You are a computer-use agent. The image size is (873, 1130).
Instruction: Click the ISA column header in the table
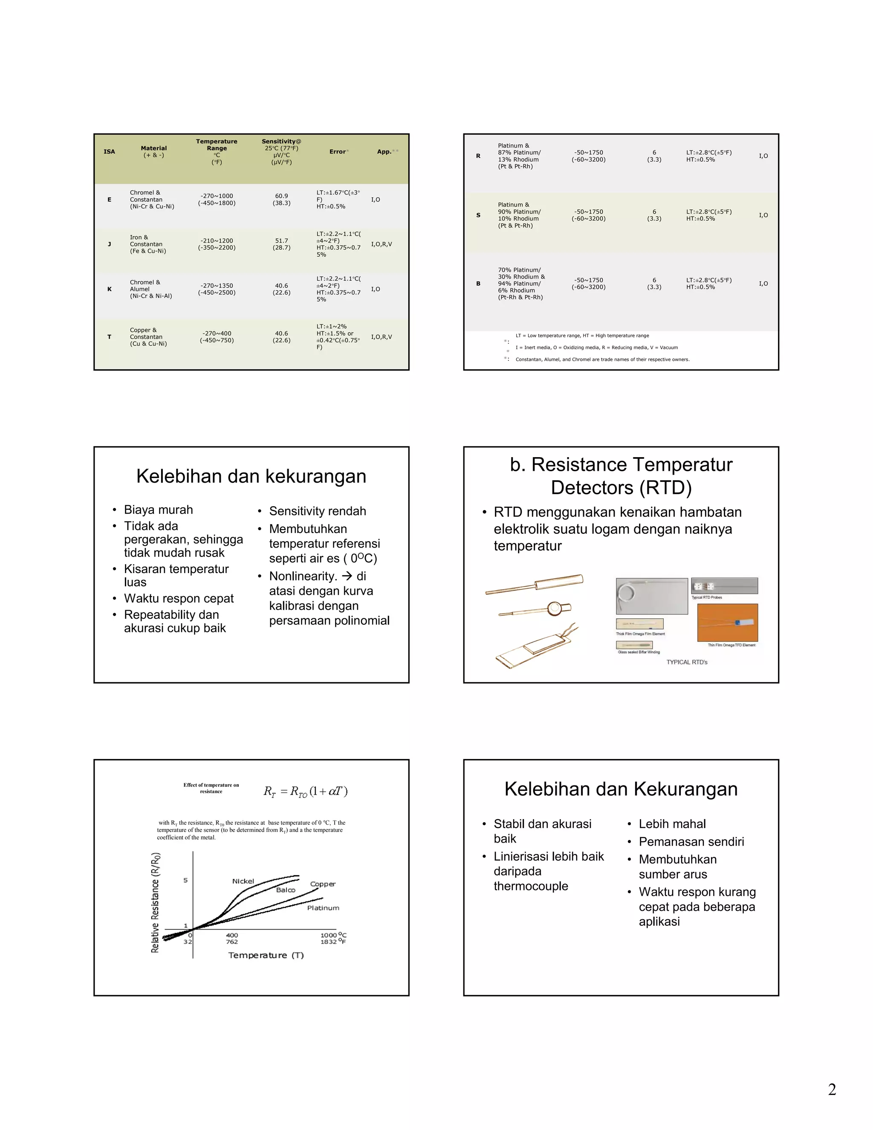coord(109,152)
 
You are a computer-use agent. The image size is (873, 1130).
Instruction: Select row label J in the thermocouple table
coord(109,244)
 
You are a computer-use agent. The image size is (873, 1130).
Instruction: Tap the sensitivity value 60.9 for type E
coord(281,196)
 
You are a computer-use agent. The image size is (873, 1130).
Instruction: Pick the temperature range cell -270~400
coord(217,334)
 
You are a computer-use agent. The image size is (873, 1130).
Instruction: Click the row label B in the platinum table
coord(478,284)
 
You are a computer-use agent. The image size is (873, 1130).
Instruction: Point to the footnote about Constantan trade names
coord(602,359)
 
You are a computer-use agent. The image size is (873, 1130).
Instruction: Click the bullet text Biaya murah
coord(158,510)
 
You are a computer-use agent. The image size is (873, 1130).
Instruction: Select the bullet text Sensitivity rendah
coord(317,511)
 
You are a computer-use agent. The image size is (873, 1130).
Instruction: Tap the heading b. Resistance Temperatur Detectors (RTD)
coord(621,476)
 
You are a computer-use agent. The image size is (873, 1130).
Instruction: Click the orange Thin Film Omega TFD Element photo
coord(727,623)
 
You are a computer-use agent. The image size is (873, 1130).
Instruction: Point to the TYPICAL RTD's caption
coord(686,662)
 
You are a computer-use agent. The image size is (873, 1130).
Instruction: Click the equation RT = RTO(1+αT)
coord(305,791)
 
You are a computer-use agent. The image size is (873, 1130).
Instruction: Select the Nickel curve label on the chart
coord(243,881)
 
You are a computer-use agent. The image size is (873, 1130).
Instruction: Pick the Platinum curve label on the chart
coord(323,908)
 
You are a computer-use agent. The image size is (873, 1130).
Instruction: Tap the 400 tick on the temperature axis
coord(232,936)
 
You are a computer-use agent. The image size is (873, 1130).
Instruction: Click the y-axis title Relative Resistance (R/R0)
coord(155,902)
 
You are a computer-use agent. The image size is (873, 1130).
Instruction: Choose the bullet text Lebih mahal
coord(672,824)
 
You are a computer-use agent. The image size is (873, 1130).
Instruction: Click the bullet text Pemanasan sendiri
coord(691,842)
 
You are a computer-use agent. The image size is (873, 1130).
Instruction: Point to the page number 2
coord(832,1089)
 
